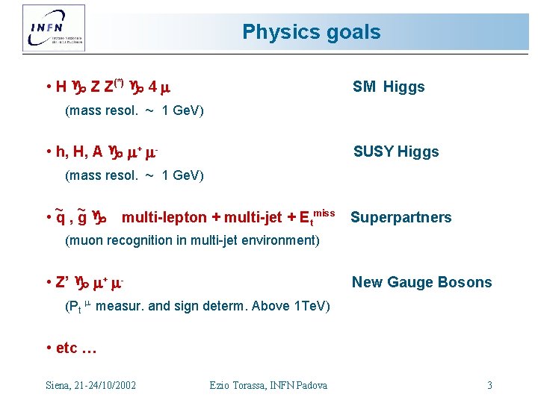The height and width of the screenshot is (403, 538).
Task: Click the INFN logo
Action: click(x=54, y=28)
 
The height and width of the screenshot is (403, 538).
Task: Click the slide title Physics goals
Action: click(x=311, y=32)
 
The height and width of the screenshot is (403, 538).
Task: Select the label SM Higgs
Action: click(x=388, y=87)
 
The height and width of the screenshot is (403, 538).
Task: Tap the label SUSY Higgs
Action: click(x=395, y=151)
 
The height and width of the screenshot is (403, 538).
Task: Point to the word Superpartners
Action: click(x=401, y=217)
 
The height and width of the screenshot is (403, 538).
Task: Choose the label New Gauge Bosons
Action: click(x=421, y=282)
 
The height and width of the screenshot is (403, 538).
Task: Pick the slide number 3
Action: click(x=489, y=385)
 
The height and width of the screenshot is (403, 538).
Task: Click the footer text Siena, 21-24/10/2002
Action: click(x=90, y=385)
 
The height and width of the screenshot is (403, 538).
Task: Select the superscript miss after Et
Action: click(x=322, y=213)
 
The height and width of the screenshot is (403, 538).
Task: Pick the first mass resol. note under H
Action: click(x=134, y=111)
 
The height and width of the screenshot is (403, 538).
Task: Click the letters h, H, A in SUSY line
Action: click(x=78, y=151)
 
